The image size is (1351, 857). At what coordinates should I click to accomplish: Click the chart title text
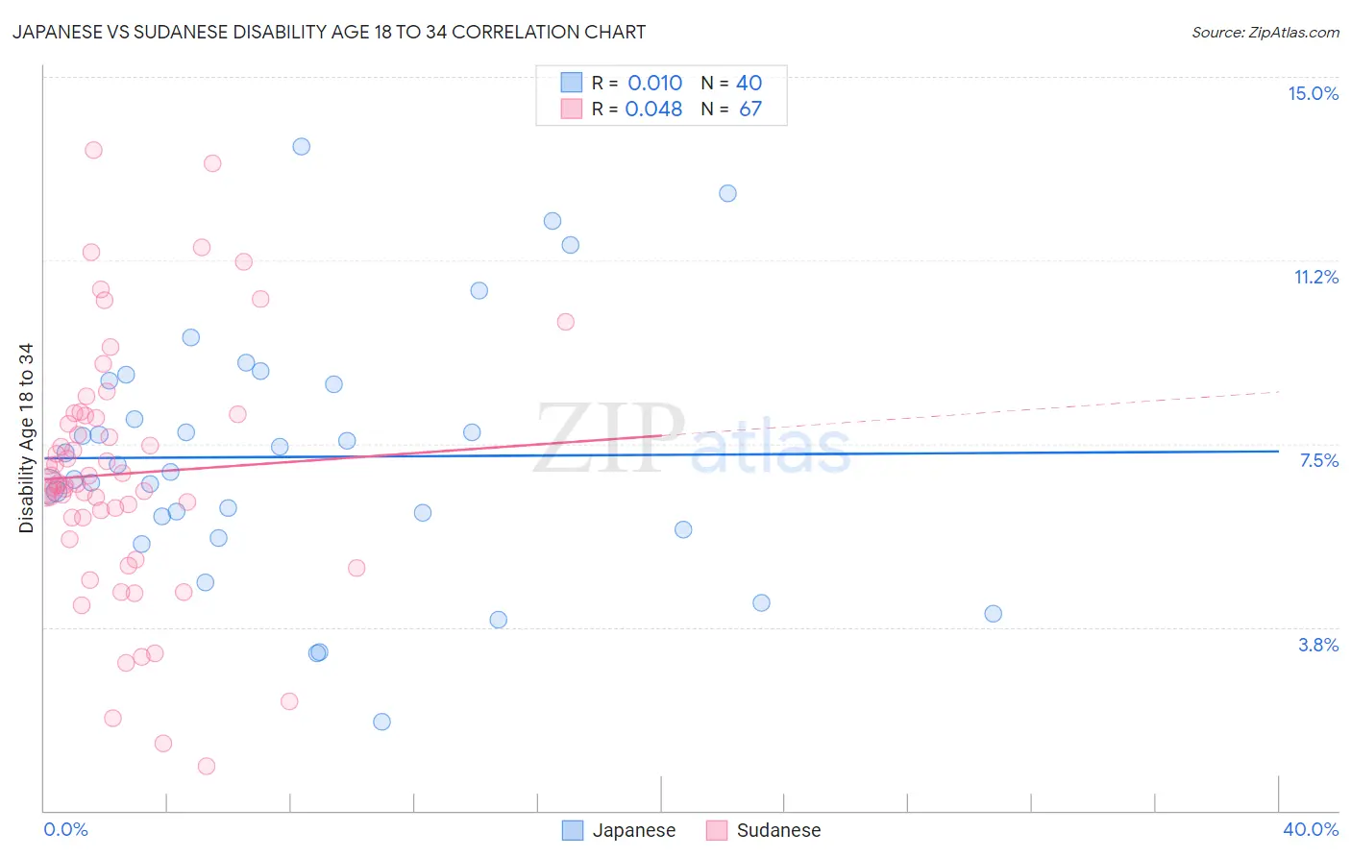329,32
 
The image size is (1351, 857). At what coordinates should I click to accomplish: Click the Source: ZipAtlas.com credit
1265,32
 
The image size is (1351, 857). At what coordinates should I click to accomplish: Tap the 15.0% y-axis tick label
1313,93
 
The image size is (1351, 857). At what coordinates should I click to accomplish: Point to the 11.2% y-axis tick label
1315,277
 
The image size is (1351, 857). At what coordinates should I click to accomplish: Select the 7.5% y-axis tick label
1318,460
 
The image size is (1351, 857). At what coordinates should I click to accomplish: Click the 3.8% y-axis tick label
1318,645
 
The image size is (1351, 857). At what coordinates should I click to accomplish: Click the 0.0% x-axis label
65,829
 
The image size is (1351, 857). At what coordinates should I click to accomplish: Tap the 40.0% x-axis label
1310,829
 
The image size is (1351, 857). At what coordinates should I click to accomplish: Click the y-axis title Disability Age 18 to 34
26,438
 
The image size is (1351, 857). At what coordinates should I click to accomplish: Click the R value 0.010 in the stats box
654,84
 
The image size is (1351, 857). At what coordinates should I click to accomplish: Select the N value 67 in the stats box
749,110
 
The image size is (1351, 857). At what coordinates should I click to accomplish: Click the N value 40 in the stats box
749,84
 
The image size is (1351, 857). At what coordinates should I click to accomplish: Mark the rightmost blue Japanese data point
993,614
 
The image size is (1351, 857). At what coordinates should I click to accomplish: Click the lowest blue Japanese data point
381,722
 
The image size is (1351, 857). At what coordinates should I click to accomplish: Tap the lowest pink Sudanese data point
206,766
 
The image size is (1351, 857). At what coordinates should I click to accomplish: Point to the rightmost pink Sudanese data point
565,322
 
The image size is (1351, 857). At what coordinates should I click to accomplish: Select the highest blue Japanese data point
301,146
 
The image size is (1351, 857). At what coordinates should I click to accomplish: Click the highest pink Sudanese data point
93,150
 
